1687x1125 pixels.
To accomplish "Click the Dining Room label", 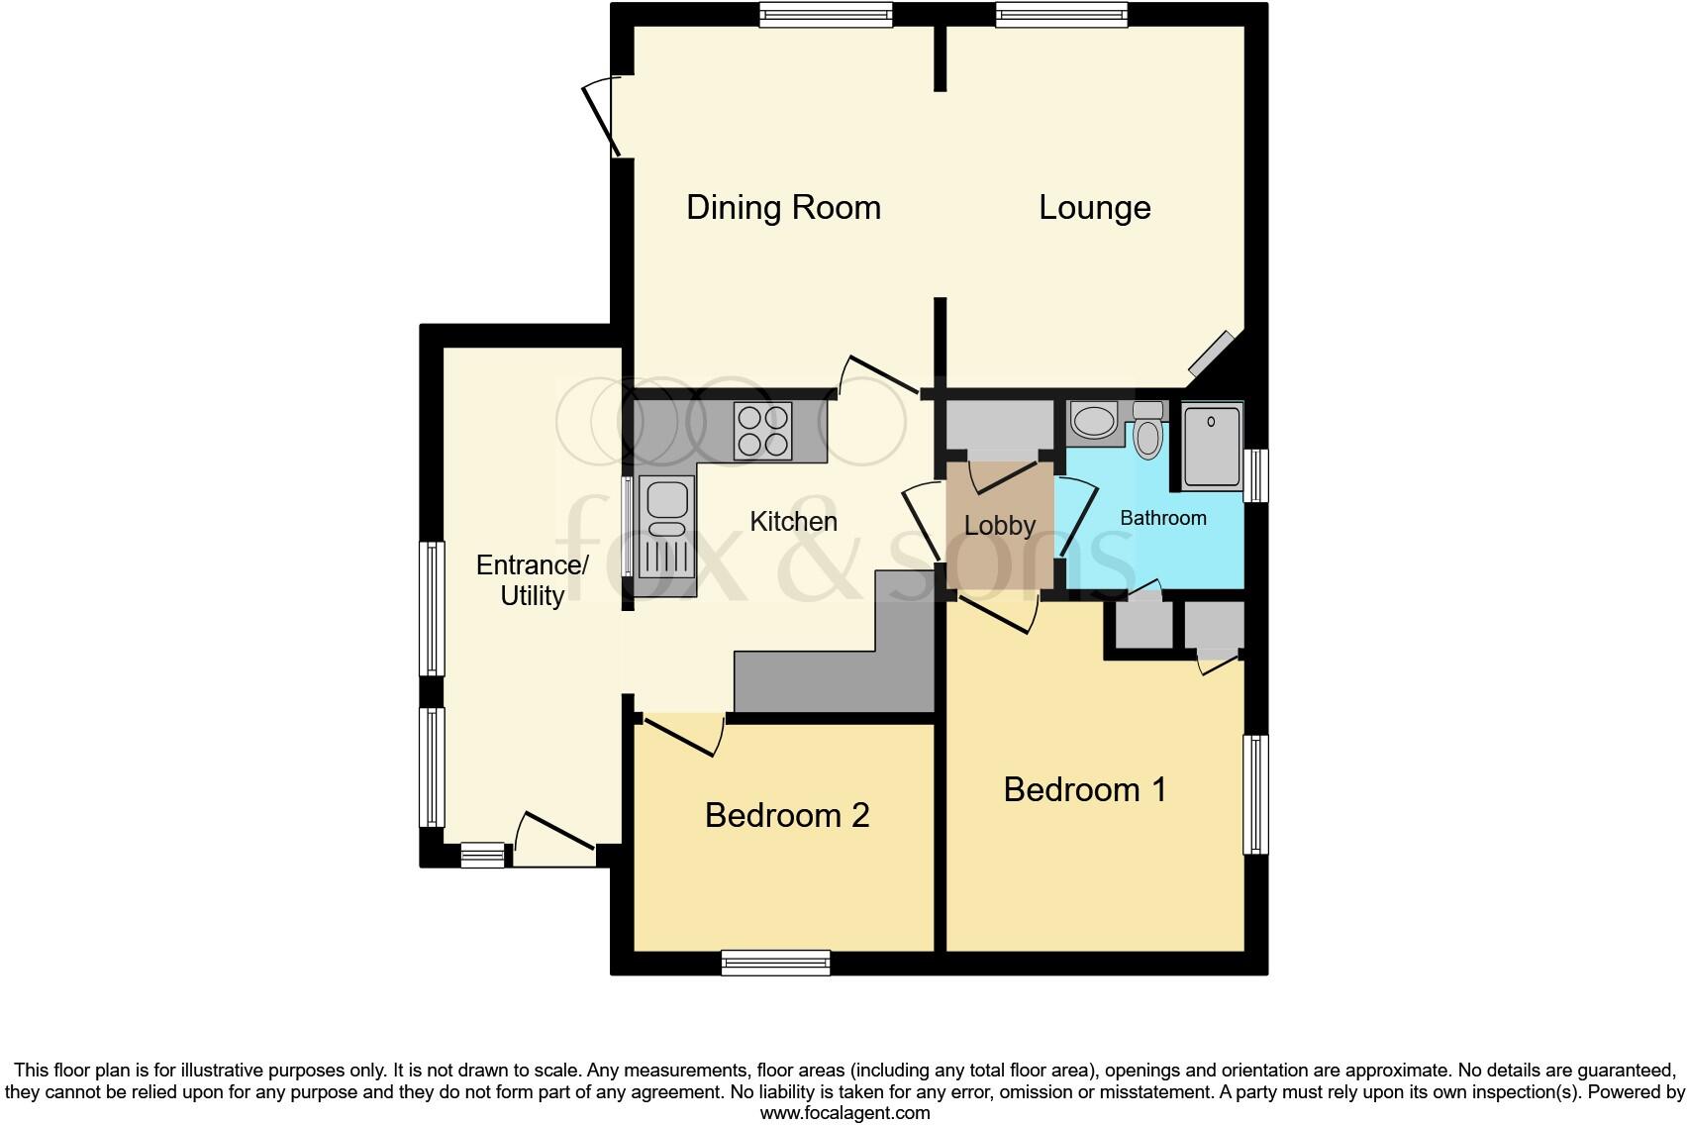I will click(x=783, y=208).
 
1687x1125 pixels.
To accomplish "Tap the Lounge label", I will click(x=1094, y=208).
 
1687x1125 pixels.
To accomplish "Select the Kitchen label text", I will click(x=793, y=521).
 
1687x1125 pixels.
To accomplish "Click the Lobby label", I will click(x=999, y=525).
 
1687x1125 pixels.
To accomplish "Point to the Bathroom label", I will click(x=1162, y=518).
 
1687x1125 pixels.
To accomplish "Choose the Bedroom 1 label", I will click(x=1084, y=789).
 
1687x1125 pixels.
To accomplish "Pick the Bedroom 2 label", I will click(x=787, y=815).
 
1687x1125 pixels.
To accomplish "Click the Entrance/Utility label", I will click(x=533, y=580).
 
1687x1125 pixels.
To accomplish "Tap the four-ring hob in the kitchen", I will click(x=762, y=431).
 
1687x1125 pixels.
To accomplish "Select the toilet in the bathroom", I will click(x=1147, y=430).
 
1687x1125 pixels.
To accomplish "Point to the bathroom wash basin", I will click(x=1093, y=420).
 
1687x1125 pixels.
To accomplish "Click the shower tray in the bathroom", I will click(x=1211, y=446).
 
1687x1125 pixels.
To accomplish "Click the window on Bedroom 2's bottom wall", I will click(x=775, y=962).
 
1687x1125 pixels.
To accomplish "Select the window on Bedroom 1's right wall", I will click(x=1255, y=793).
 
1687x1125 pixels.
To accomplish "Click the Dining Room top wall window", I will click(x=826, y=14).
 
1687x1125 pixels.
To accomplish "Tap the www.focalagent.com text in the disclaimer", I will click(x=844, y=1112).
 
